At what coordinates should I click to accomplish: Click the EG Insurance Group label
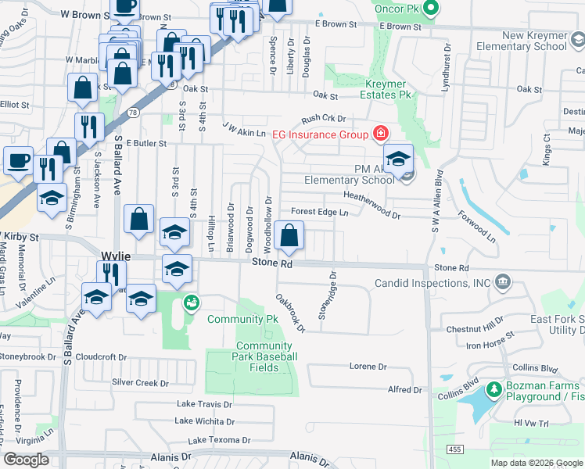point(320,134)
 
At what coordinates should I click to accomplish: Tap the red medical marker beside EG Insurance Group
point(381,134)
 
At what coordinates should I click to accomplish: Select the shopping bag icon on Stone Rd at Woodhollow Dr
point(289,235)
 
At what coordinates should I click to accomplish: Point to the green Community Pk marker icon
point(191,302)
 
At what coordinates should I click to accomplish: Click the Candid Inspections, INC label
point(432,283)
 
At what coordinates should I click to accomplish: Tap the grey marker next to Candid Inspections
point(501,281)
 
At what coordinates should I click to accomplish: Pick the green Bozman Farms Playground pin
point(493,388)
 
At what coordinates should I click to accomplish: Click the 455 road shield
point(455,449)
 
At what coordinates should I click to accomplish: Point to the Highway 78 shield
point(135,113)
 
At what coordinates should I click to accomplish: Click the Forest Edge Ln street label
point(319,212)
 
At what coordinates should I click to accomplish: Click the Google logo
point(27,460)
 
